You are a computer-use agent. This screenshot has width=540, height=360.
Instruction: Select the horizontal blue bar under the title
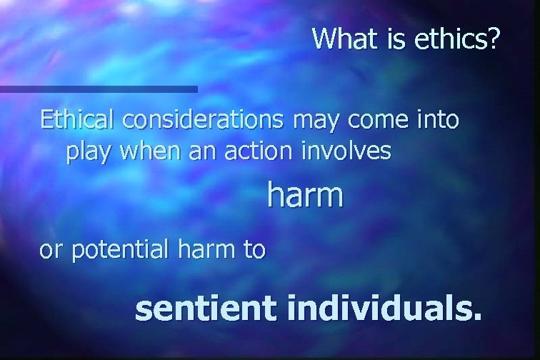click(x=99, y=89)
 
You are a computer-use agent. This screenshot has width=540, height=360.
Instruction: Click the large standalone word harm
click(x=305, y=194)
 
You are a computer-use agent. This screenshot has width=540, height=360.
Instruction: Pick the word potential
click(x=120, y=251)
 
